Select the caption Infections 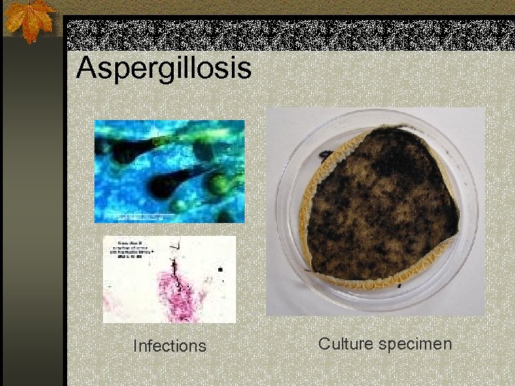coord(170,346)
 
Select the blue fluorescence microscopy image coord(170,171)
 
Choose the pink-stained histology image coord(170,279)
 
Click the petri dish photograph coord(376,211)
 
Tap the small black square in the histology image coord(220,270)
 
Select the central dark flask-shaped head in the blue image coord(164,184)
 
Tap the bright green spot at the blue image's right coord(217,184)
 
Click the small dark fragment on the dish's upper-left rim coord(325,154)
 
